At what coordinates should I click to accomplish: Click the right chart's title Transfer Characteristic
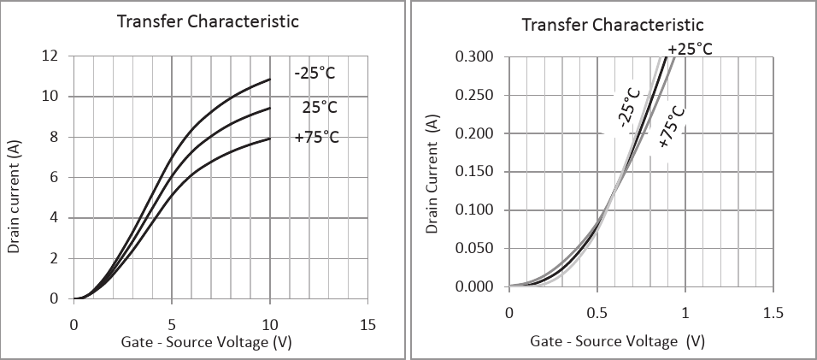point(613,24)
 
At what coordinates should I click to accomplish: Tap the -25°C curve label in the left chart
point(314,74)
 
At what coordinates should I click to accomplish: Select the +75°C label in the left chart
point(316,136)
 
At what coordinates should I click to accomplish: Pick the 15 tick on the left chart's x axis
point(368,325)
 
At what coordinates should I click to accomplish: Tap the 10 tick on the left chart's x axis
point(270,325)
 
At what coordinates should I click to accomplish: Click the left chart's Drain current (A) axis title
point(15,198)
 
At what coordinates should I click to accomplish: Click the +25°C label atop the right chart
point(690,50)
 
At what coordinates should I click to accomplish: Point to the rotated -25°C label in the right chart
point(628,106)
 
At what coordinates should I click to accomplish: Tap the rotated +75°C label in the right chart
point(671,127)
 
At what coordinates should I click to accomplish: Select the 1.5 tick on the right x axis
point(773,314)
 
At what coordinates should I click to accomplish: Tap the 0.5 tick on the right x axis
point(597,314)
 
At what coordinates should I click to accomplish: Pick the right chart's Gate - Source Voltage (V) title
point(617,341)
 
